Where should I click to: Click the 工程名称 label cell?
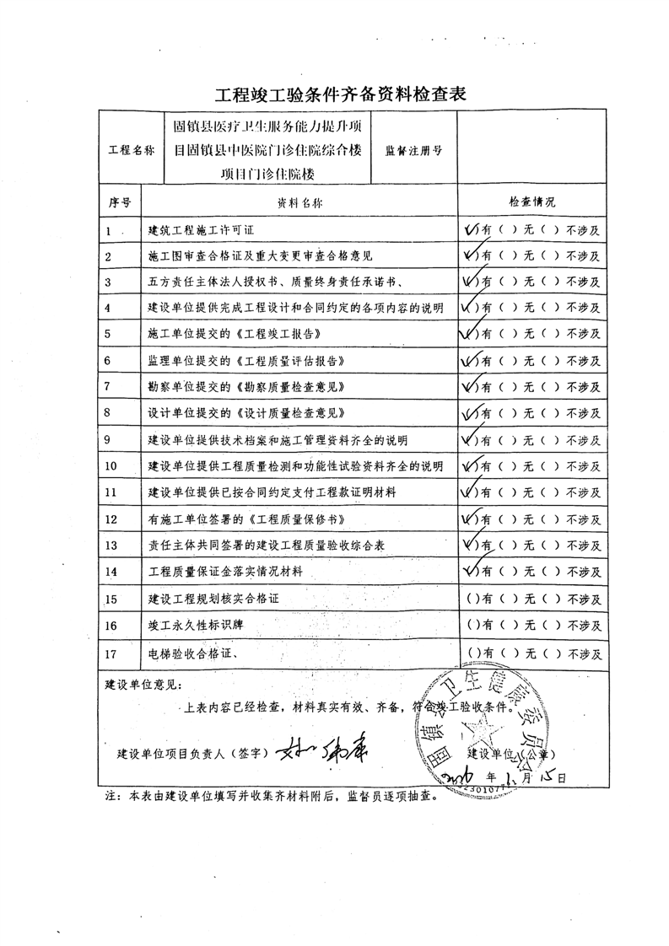click(x=132, y=150)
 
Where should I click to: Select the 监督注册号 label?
click(x=413, y=150)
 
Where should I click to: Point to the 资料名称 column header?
click(x=299, y=203)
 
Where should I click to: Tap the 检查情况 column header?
click(x=531, y=203)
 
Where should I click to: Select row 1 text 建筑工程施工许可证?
click(x=207, y=229)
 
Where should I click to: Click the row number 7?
click(x=108, y=386)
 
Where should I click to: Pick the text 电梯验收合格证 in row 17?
click(x=191, y=653)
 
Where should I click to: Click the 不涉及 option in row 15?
click(x=583, y=600)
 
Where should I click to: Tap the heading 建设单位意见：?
click(x=143, y=682)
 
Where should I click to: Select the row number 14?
click(x=111, y=571)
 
